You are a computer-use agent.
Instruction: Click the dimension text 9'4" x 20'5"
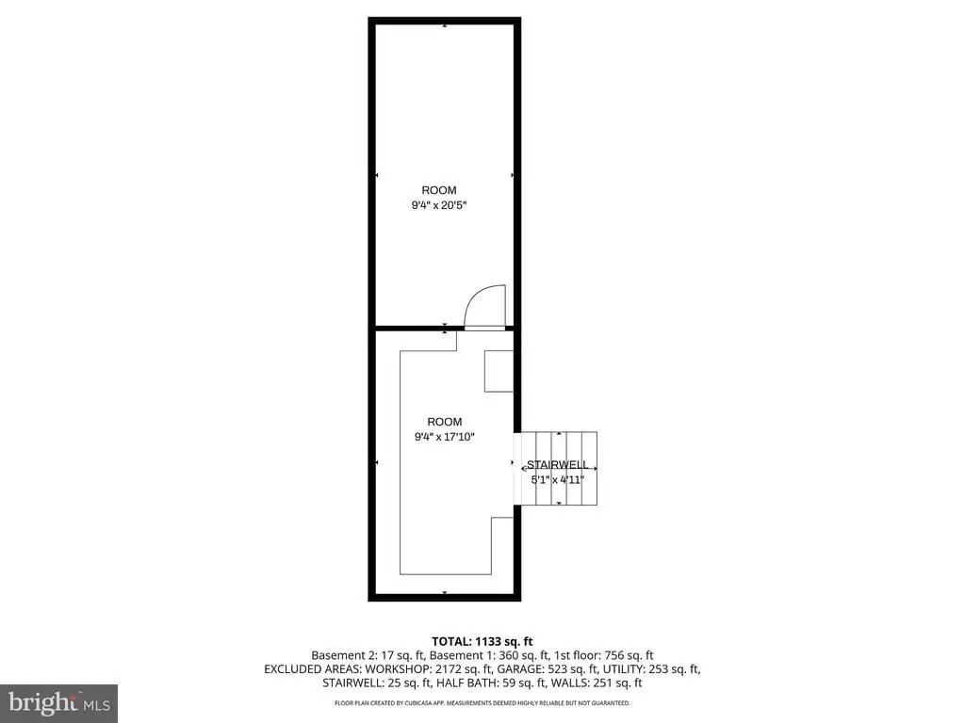pyautogui.click(x=439, y=205)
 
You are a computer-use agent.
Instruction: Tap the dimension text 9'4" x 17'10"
pyautogui.click(x=445, y=437)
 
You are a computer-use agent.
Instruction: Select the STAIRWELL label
pyautogui.click(x=558, y=465)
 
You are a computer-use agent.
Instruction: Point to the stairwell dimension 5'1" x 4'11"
pyautogui.click(x=558, y=479)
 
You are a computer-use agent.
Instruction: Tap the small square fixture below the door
pyautogui.click(x=499, y=371)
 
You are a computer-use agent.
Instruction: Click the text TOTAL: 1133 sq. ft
pyautogui.click(x=482, y=642)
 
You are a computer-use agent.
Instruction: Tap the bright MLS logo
pyautogui.click(x=59, y=703)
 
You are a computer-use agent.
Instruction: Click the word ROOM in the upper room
pyautogui.click(x=439, y=190)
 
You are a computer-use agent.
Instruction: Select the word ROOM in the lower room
pyautogui.click(x=445, y=422)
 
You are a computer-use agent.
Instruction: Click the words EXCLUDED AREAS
pyautogui.click(x=312, y=669)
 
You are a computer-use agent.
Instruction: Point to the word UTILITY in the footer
pyautogui.click(x=623, y=669)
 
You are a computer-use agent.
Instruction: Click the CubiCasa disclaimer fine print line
pyautogui.click(x=482, y=702)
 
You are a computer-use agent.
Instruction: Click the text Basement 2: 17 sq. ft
pyautogui.click(x=368, y=655)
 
